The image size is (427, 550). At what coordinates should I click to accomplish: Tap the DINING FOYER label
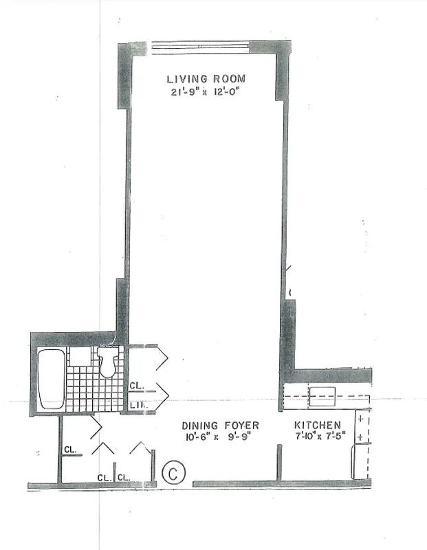coord(220,426)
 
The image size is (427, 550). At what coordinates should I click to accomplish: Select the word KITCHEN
coord(318,426)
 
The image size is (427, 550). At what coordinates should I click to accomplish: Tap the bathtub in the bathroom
coord(50,379)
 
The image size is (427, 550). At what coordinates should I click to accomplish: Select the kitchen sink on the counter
coord(322,395)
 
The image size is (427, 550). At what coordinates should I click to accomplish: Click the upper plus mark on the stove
coord(360,419)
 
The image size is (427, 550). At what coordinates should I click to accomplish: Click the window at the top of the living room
coord(200,47)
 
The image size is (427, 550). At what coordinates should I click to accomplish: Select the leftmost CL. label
coord(70,450)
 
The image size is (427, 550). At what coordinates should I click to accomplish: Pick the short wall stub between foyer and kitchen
coord(280,462)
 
